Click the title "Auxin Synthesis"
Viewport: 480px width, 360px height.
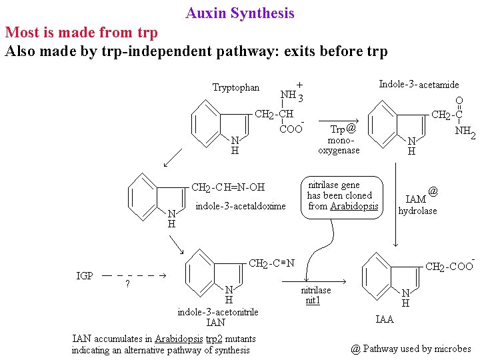pos(240,13)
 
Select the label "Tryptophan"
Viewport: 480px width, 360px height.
pos(236,88)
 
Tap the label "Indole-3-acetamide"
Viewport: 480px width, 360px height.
pos(419,84)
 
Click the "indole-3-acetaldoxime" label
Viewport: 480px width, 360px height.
pos(240,206)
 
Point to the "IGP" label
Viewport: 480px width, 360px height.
pos(85,275)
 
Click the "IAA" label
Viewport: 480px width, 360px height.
pos(385,319)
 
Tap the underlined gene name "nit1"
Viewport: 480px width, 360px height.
pos(313,301)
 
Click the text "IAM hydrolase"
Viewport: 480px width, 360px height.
pos(418,205)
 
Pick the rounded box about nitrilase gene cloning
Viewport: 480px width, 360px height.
pos(343,195)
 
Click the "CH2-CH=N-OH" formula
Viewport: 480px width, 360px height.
pos(228,187)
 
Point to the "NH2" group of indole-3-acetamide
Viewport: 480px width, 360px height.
pos(464,132)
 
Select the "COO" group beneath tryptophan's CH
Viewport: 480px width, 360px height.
pos(291,129)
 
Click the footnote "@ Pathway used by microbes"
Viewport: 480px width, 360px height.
pos(410,348)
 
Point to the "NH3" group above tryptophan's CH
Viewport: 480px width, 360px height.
pos(291,95)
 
